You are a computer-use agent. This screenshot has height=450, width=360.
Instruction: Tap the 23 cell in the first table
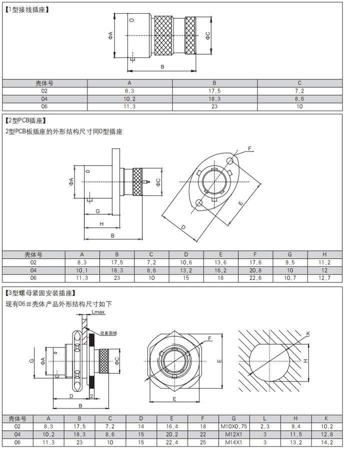pos(214,106)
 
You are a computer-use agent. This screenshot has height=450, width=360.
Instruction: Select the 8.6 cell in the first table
pos(299,99)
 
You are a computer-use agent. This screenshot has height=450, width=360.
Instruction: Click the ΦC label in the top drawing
pos(208,35)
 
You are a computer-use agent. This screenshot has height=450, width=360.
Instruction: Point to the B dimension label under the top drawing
pos(162,67)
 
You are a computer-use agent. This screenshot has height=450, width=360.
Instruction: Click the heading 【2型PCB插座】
pos(25,120)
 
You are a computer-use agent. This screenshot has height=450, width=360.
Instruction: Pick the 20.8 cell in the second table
pos(255,270)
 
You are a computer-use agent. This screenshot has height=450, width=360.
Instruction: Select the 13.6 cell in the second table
pos(220,262)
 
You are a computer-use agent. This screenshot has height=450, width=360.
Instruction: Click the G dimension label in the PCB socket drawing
pos(97,211)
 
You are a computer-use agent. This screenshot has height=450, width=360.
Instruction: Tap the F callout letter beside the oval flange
pos(250,148)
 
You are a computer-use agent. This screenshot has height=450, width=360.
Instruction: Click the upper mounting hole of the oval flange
pos(230,160)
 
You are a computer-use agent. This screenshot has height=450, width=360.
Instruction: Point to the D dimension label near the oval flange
pos(183,227)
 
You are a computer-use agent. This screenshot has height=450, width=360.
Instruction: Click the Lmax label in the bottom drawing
pos(98,312)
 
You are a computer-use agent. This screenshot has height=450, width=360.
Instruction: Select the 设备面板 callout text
pos(108,333)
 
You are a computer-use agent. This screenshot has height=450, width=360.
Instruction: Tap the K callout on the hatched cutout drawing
pos(308,333)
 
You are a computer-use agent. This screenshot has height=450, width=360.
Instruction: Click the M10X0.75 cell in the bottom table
pos(233,427)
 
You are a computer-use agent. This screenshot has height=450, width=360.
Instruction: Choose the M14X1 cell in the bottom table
pos(233,442)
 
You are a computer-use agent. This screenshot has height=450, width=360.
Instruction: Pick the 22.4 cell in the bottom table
pos(171,442)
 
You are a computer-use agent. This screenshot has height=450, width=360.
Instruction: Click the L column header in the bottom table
pos(264,418)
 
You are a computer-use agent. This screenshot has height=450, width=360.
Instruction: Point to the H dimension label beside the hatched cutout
pos(305,360)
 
